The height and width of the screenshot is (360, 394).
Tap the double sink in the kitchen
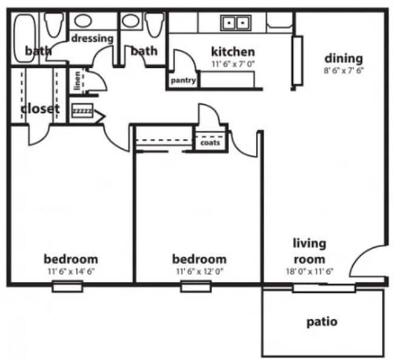(236, 23)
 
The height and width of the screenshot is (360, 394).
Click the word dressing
(93, 38)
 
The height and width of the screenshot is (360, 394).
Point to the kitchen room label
(233, 52)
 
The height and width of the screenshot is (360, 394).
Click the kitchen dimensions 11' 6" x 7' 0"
(233, 63)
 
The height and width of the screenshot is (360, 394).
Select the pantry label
(182, 80)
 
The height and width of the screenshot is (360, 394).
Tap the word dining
(344, 58)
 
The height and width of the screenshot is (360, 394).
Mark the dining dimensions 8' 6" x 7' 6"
(344, 70)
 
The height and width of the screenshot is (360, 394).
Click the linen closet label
(78, 81)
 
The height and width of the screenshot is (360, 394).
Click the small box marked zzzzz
(82, 112)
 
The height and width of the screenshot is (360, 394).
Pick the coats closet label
(210, 143)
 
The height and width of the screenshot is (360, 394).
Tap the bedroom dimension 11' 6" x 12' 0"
(199, 271)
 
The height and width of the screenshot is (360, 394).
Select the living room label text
(309, 251)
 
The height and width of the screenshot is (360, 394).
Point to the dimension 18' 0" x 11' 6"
(309, 271)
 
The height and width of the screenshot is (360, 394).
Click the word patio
(322, 321)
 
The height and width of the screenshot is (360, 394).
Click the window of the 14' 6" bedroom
(67, 287)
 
